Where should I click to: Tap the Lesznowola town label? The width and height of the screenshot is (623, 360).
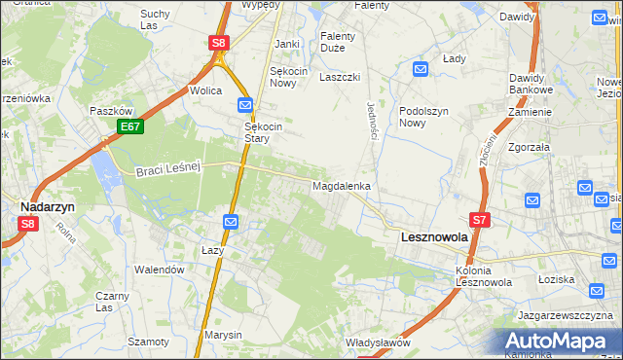coord(434,236)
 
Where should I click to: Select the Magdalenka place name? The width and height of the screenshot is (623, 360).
coord(340,185)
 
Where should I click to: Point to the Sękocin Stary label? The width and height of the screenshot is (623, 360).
coord(262,132)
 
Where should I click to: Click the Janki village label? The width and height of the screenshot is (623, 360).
coord(286,44)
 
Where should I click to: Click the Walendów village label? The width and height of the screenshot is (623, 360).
coord(160,270)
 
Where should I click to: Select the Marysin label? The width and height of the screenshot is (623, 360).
coord(223,335)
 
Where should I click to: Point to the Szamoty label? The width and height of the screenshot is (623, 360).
coord(148,342)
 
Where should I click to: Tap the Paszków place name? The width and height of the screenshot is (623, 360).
coord(110,111)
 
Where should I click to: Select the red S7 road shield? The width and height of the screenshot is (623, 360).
coord(480,221)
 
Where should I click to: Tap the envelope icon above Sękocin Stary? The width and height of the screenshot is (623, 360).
coord(245,104)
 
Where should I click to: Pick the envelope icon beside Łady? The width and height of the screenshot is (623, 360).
coord(420,69)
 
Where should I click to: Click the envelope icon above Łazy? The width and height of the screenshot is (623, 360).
coord(230,223)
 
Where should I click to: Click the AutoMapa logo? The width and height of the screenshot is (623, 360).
coord(561,341)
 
